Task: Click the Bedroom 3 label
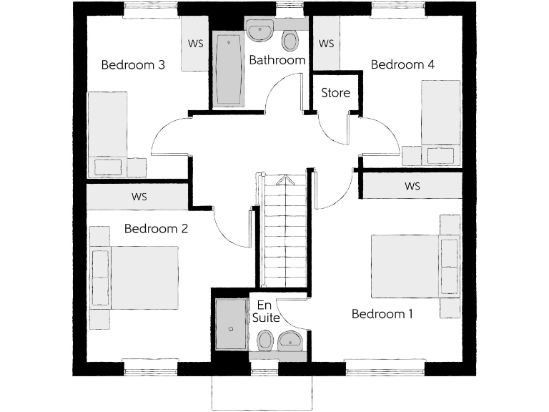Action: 134,65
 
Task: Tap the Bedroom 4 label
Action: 402,65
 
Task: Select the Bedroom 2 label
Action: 156,230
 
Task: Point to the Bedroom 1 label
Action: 382,314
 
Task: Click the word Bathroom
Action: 277,61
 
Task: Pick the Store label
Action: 335,93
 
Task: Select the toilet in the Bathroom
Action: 290,40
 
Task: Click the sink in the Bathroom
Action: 259,31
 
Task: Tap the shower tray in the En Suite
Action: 230,325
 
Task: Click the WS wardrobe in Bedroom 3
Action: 195,44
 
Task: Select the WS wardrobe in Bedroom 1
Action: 412,187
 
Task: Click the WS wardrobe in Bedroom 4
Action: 326,44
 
